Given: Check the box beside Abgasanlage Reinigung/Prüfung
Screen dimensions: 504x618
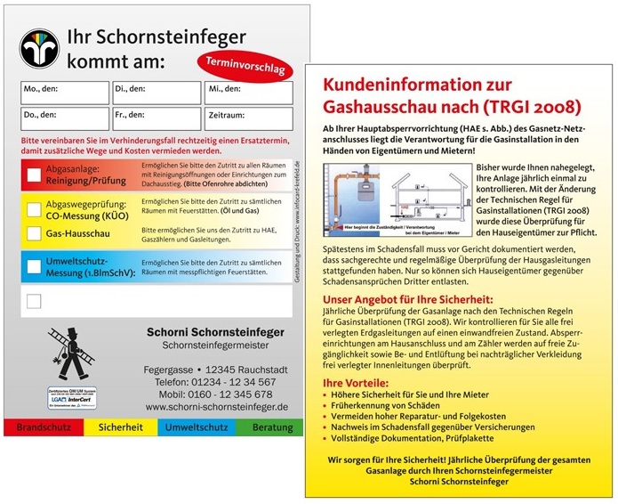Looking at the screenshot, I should (x=34, y=175).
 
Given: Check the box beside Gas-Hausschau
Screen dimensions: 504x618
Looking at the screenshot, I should (x=34, y=234).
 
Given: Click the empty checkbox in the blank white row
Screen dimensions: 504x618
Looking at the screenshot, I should (x=34, y=301).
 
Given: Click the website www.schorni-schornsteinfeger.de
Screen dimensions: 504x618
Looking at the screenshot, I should (x=216, y=406).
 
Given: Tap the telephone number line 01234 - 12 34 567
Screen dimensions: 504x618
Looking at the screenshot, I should (x=208, y=381).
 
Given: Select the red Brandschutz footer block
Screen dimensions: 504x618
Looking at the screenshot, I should (x=44, y=427).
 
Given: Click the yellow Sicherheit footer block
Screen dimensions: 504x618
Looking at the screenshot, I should (x=122, y=427).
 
